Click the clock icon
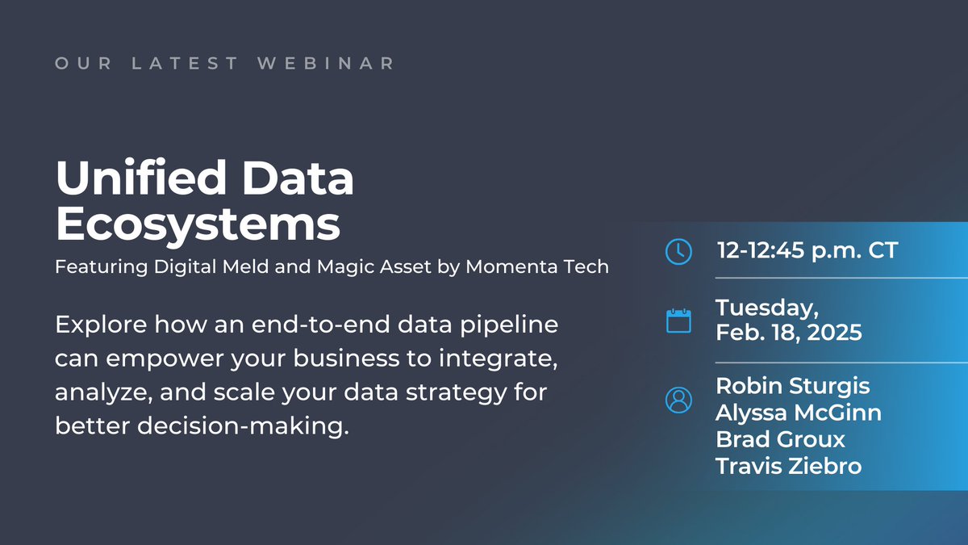678,251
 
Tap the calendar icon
678,321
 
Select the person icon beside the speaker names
678,400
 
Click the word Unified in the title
141,178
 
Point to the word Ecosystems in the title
198,225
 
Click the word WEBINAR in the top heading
325,63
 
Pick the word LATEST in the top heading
185,63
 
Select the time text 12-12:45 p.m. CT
807,250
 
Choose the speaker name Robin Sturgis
792,387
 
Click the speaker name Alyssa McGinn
799,413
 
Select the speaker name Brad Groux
781,439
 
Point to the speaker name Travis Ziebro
789,467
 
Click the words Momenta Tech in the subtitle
537,266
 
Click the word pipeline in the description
509,325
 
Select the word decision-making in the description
243,426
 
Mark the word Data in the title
298,178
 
